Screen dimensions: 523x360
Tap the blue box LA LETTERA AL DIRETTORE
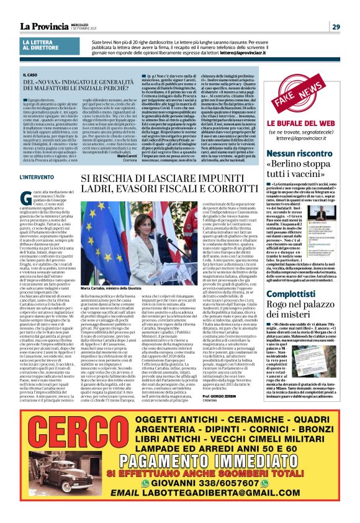tap(41, 44)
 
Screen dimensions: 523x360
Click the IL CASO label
tap(31, 75)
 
